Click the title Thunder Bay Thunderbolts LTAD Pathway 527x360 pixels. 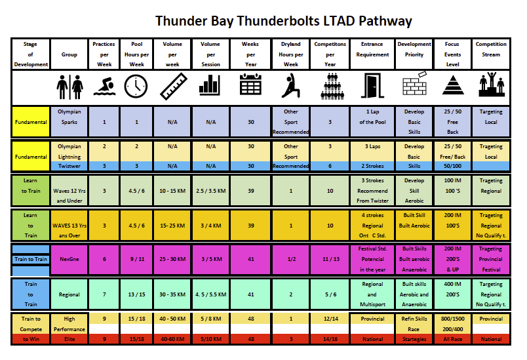pos(283,21)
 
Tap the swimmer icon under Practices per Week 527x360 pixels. pos(104,86)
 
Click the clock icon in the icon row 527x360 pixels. pos(136,86)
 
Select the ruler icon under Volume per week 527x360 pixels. pos(173,86)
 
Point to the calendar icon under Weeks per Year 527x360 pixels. pos(251,86)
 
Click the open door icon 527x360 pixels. pos(373,86)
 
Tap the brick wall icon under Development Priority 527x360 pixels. pos(414,86)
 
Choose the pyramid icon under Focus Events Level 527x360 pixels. pos(452,86)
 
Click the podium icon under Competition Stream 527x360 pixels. pos(491,86)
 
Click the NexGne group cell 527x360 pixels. pos(69,259)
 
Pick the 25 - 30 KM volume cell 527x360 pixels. pos(173,259)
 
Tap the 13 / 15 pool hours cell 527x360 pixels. pos(136,294)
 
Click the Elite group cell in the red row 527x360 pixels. pos(69,339)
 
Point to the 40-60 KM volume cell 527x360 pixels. pos(173,339)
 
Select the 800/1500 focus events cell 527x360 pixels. pos(452,318)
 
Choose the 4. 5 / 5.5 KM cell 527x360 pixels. pos(211,294)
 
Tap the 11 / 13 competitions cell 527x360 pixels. pos(330,259)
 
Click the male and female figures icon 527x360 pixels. pos(69,86)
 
